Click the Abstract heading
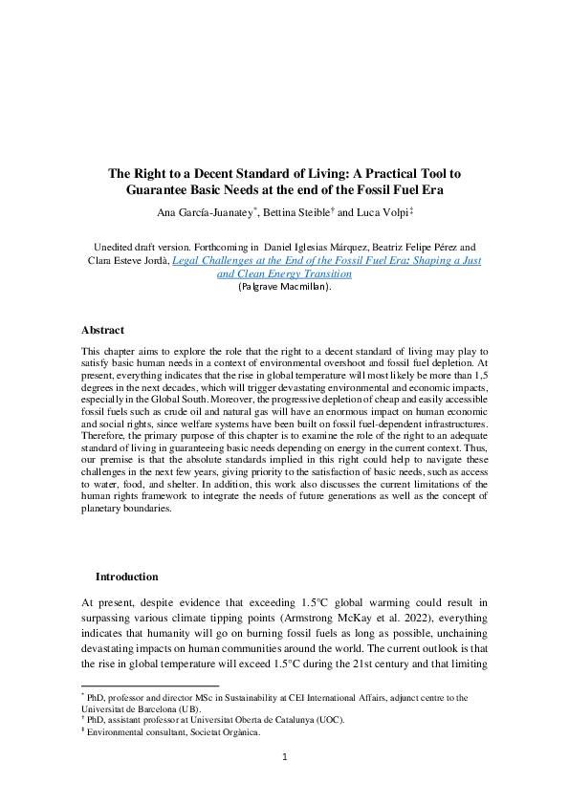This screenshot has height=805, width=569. pos(104,330)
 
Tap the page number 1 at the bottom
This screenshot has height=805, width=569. pos(284,757)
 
